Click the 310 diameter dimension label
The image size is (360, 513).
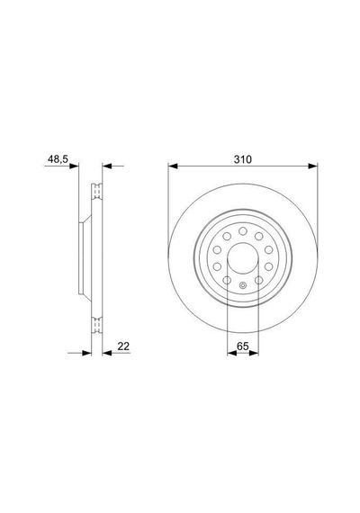[x=243, y=159]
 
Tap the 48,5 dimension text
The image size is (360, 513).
[x=58, y=159]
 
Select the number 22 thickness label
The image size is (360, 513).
[x=123, y=346]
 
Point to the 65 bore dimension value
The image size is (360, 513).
[x=243, y=346]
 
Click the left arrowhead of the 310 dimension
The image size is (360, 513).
[x=173, y=166]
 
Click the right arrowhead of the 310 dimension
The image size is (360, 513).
[x=313, y=166]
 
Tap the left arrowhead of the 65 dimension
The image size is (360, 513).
[x=231, y=353]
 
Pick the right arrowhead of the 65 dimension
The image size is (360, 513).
[x=254, y=353]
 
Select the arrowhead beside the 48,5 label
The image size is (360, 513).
[x=75, y=166]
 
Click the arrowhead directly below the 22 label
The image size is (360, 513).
[x=107, y=353]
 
